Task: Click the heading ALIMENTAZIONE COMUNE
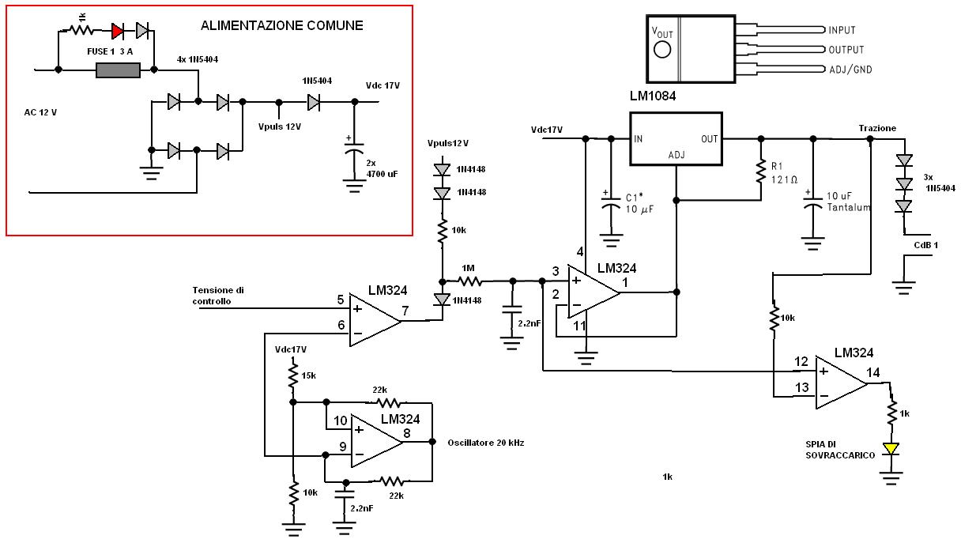(x=281, y=25)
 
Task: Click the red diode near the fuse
(x=118, y=31)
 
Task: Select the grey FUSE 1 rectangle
(x=118, y=70)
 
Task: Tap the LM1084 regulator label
(x=654, y=96)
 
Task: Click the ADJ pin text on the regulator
(x=676, y=155)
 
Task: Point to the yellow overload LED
(x=891, y=449)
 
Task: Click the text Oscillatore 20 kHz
(x=485, y=443)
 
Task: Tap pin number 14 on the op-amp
(x=872, y=372)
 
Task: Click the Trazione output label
(x=877, y=128)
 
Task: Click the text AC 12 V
(x=40, y=112)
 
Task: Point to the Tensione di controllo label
(x=218, y=296)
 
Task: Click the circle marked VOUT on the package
(x=663, y=49)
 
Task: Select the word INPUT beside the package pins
(x=842, y=30)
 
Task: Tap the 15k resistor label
(x=308, y=374)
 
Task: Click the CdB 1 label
(x=925, y=245)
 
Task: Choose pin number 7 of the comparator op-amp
(x=405, y=311)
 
